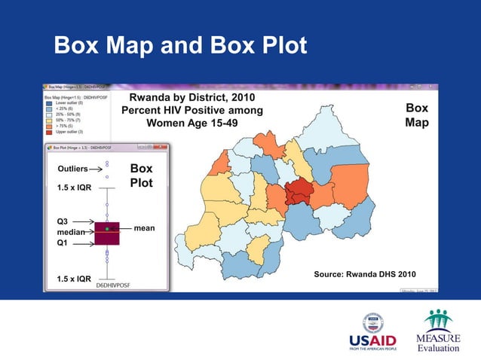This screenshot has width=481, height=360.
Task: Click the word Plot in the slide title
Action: pyautogui.click(x=278, y=46)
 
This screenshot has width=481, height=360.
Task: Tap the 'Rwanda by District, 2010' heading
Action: pyautogui.click(x=192, y=98)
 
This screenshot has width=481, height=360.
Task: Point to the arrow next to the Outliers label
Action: pyautogui.click(x=95, y=169)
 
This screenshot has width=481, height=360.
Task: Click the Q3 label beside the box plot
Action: pyautogui.click(x=66, y=221)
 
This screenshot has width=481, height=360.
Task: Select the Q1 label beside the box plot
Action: pyautogui.click(x=66, y=243)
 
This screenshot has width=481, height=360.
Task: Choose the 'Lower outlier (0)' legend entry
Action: pyautogui.click(x=69, y=102)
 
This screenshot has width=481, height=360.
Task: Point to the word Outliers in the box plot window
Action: pyautogui.click(x=72, y=169)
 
